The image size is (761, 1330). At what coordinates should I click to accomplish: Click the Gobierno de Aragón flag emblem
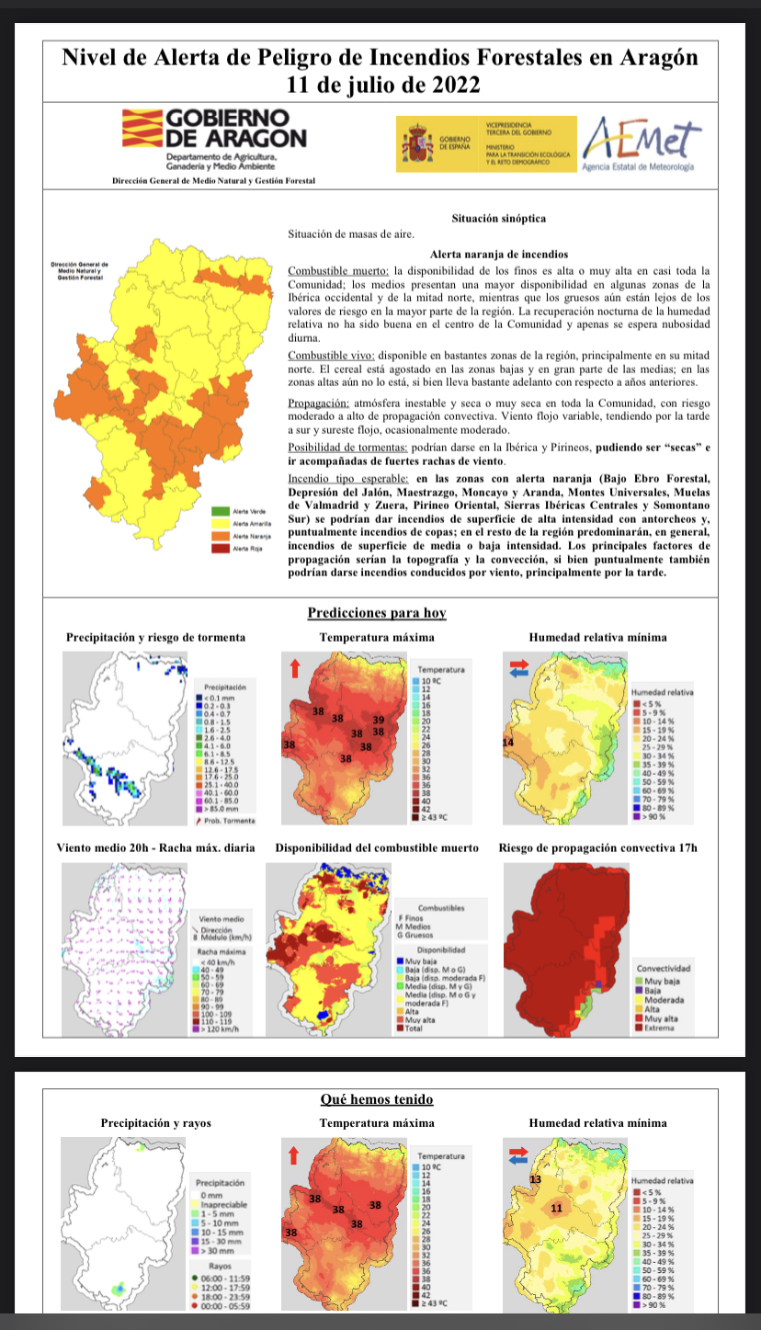[141, 129]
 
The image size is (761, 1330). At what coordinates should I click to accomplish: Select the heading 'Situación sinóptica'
[499, 219]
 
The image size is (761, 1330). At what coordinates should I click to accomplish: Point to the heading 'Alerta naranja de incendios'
[499, 255]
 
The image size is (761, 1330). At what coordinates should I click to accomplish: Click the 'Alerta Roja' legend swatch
[221, 548]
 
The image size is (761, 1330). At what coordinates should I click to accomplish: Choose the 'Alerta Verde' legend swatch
[221, 510]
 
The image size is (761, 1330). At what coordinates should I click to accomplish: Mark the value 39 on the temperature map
[378, 719]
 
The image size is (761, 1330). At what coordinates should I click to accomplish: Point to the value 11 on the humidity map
[555, 1208]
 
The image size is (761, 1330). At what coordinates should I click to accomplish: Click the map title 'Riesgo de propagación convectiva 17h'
[597, 847]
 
